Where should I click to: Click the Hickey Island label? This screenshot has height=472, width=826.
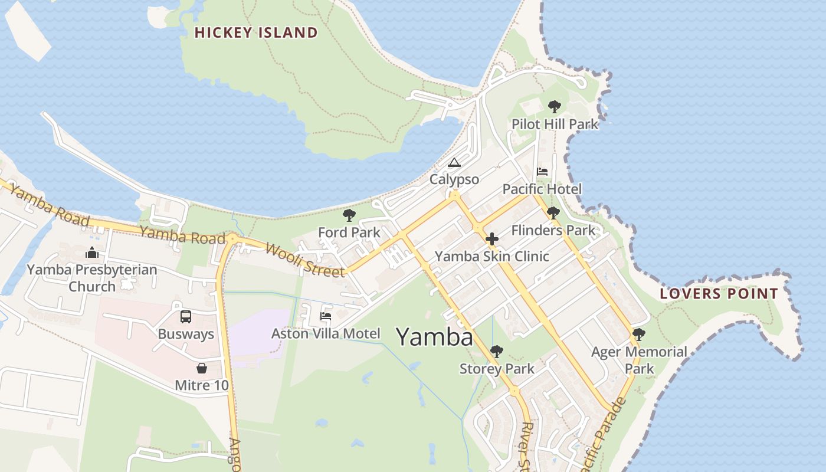click(256, 32)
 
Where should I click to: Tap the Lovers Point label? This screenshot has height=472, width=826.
click(719, 293)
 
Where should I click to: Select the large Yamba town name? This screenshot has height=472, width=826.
click(434, 337)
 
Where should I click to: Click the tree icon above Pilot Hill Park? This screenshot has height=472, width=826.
click(554, 107)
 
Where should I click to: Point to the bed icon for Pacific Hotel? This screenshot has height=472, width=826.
click(542, 172)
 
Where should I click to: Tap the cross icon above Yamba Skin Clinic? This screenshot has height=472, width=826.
click(491, 239)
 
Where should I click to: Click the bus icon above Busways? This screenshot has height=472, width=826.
click(186, 317)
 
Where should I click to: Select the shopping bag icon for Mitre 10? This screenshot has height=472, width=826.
click(202, 368)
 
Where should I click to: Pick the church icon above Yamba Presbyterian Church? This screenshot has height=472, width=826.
click(91, 253)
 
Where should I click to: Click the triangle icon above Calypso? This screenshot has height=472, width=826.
click(454, 162)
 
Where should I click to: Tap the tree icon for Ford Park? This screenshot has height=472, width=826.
click(349, 215)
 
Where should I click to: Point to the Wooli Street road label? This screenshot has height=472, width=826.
click(304, 260)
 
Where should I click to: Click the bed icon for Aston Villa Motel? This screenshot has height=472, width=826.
click(326, 316)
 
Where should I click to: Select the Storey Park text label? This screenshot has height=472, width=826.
click(497, 369)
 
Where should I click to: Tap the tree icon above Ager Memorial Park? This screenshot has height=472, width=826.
click(638, 335)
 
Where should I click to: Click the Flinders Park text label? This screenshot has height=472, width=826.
click(553, 231)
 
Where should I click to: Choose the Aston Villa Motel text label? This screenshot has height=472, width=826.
click(326, 334)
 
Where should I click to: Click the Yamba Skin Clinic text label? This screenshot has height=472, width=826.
click(492, 257)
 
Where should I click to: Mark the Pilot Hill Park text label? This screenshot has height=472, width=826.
click(555, 124)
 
